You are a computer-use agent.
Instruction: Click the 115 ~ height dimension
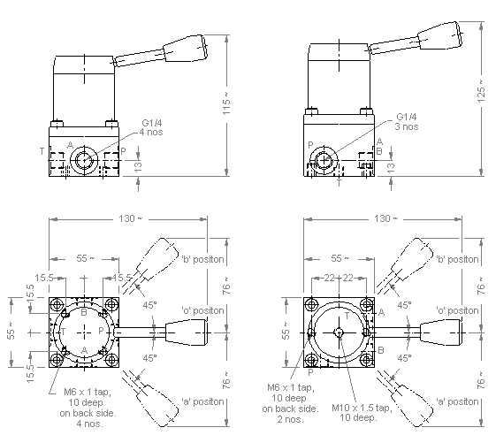[226, 103]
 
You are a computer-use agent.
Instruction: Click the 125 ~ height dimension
[481, 91]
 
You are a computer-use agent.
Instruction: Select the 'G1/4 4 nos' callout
[151, 127]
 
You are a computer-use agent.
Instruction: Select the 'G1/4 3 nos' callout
[407, 122]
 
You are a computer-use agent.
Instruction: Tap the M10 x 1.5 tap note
[362, 413]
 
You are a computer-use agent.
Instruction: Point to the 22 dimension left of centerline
[329, 278]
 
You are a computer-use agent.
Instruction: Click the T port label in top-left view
[42, 151]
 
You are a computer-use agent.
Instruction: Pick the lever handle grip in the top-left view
[186, 48]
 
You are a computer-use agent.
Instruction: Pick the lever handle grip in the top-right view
[439, 35]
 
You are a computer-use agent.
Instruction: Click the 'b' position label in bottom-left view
[202, 259]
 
